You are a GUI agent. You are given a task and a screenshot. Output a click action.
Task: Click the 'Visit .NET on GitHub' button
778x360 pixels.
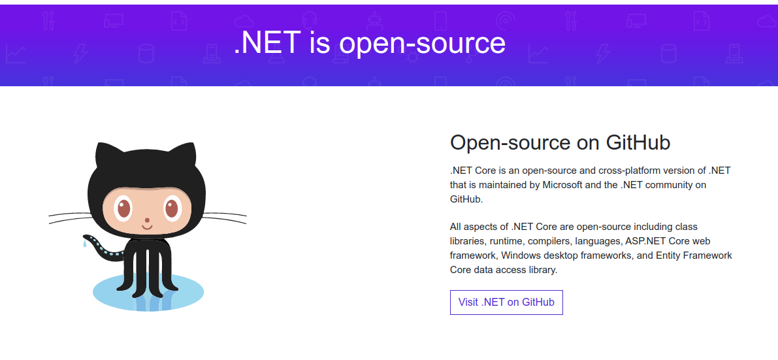coord(506,302)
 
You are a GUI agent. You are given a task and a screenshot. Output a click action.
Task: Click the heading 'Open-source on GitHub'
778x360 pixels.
coord(560,142)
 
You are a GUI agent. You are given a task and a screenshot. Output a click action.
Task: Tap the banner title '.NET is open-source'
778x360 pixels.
coord(370,43)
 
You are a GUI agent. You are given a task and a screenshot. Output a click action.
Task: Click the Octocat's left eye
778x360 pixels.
coord(123,208)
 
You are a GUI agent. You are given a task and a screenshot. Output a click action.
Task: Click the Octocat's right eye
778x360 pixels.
coord(172,208)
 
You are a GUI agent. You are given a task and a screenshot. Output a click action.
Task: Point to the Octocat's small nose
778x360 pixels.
coord(147,220)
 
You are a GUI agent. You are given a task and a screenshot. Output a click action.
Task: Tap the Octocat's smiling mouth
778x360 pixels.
coord(147,227)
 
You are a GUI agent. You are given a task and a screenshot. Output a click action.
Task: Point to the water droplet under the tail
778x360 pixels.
coord(84,245)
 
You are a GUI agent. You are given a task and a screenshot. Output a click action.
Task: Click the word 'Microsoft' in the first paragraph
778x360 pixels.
coord(562,185)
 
